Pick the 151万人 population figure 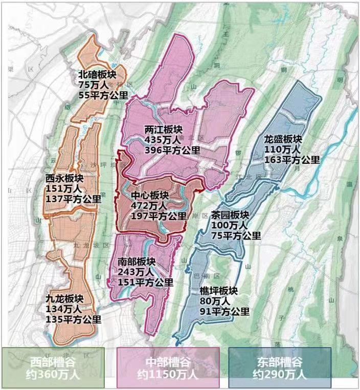point(59,188)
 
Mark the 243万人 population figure point(131,271)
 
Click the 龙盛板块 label point(283,139)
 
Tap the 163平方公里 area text point(292,159)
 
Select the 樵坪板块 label point(218,291)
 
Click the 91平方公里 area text point(224,311)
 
